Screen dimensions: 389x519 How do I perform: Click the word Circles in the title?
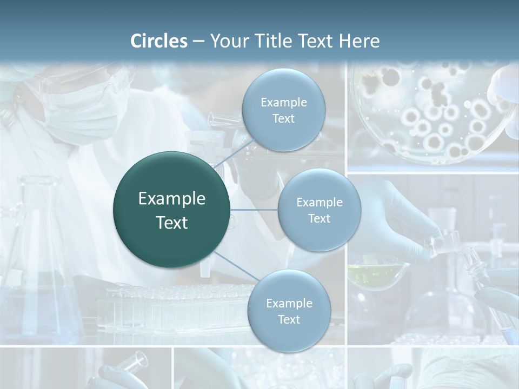[159, 41]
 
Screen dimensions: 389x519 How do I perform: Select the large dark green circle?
[172, 210]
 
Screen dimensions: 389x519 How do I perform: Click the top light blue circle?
[283, 110]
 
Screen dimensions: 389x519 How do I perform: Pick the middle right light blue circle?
[319, 210]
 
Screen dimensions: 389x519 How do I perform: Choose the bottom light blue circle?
[289, 311]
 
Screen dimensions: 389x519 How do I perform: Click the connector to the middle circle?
[254, 210]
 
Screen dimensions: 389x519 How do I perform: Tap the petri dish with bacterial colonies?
[432, 113]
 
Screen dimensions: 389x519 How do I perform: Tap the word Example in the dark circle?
[172, 199]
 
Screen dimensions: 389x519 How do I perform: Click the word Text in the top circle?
[283, 119]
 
